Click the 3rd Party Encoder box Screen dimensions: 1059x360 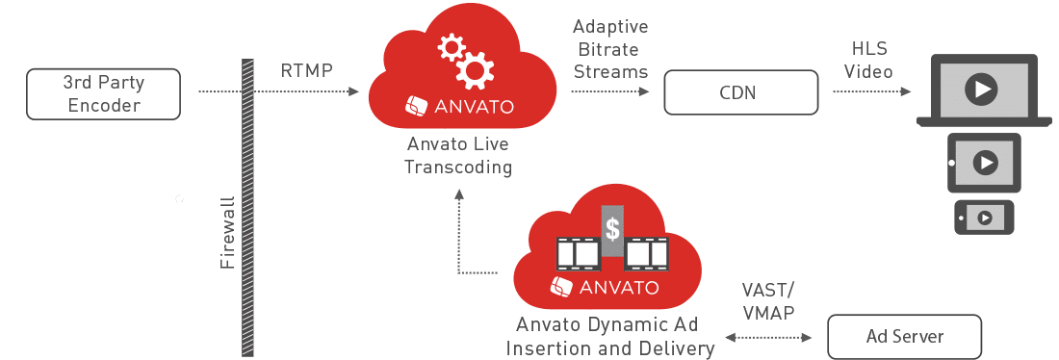point(103,94)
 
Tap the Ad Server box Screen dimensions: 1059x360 point(904,336)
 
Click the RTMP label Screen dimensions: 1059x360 point(306,70)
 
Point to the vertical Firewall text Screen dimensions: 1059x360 point(227,233)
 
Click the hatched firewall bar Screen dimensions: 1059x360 point(247,207)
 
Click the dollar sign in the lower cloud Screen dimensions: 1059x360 point(612,230)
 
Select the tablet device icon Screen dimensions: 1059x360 point(984,163)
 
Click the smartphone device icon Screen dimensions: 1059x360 point(984,218)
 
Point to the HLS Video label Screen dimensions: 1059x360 point(869,60)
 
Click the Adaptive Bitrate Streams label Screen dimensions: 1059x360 point(609,49)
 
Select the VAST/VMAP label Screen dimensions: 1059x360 point(768,302)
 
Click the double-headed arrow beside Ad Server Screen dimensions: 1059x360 point(768,336)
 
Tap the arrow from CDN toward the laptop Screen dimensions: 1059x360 point(872,90)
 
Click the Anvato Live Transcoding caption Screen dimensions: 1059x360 point(457,155)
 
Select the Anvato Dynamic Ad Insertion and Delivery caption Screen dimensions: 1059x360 point(609,336)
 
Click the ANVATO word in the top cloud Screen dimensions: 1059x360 point(474,106)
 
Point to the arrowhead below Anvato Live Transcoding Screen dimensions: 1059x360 point(458,194)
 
